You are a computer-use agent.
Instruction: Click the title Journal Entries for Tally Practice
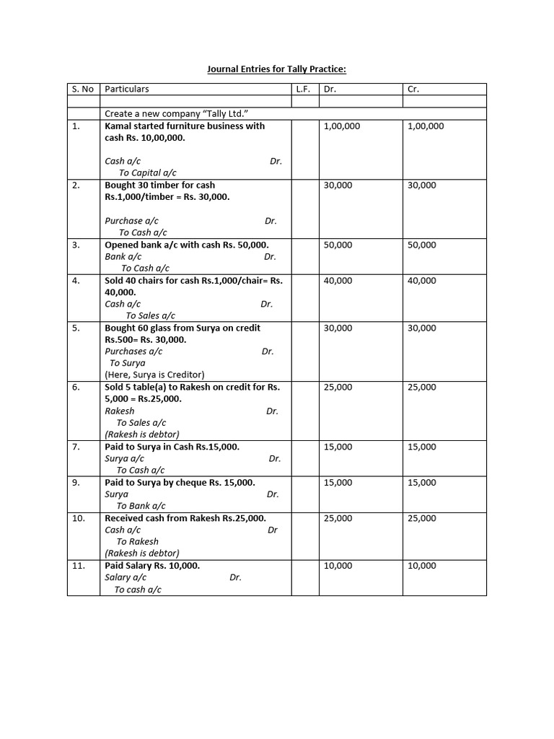pyautogui.click(x=277, y=69)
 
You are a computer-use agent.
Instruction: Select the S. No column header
pyautogui.click(x=83, y=89)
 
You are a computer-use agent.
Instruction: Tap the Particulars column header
pyautogui.click(x=127, y=89)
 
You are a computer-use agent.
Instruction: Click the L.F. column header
pyautogui.click(x=303, y=89)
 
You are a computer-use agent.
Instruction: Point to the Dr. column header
pyautogui.click(x=330, y=89)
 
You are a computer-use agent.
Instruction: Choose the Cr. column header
pyautogui.click(x=413, y=89)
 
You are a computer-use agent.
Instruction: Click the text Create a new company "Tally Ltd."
pyautogui.click(x=182, y=114)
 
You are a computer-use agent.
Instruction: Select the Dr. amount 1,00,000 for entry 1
pyautogui.click(x=342, y=126)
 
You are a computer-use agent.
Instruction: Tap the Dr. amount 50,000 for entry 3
pyautogui.click(x=338, y=245)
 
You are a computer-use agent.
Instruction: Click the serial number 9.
pyautogui.click(x=77, y=483)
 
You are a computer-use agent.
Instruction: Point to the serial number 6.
pyautogui.click(x=77, y=388)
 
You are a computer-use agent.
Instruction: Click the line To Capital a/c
pyautogui.click(x=147, y=173)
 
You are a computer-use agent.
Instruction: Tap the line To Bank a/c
pyautogui.click(x=141, y=506)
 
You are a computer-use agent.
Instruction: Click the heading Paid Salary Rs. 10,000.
pyautogui.click(x=152, y=566)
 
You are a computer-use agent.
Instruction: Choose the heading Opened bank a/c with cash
pyautogui.click(x=187, y=245)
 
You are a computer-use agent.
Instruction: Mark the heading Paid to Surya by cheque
pyautogui.click(x=180, y=483)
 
